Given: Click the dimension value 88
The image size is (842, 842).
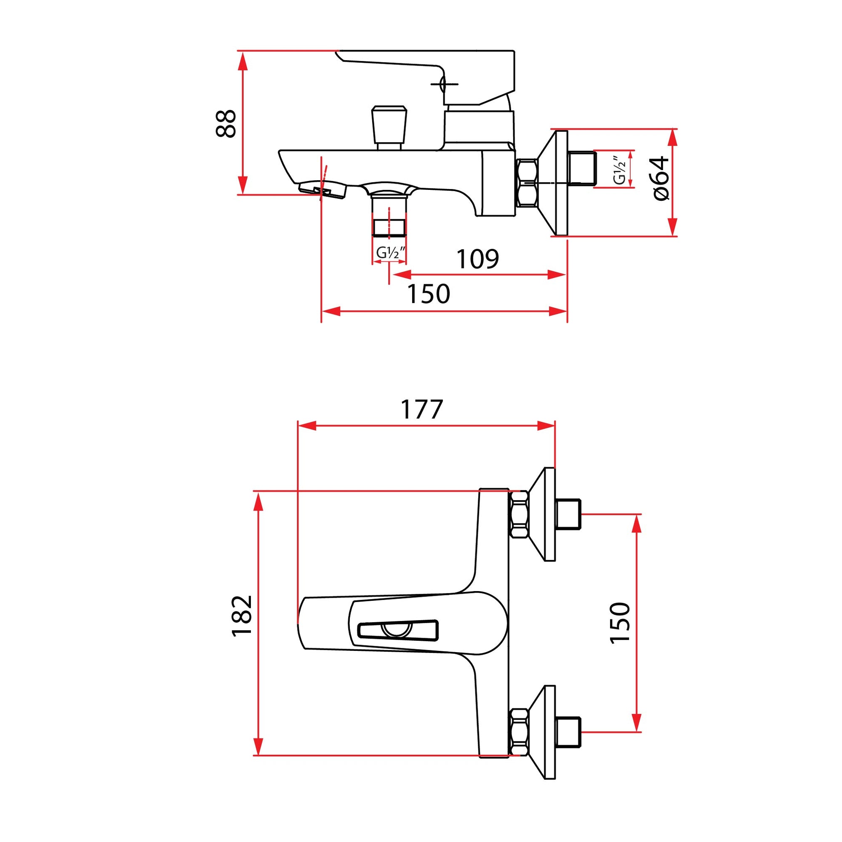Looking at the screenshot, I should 226,123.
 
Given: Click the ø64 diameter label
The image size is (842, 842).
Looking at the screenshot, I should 661,178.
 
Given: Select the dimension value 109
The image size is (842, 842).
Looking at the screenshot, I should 477,259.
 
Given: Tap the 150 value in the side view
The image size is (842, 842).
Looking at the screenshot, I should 428,294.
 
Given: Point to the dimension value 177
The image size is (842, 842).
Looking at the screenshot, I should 421,409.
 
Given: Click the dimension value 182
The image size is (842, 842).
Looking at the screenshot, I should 242,616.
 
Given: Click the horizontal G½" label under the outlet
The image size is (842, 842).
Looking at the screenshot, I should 391,252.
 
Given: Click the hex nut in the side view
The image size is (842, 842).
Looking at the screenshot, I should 527,183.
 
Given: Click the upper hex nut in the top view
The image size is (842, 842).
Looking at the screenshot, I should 519,514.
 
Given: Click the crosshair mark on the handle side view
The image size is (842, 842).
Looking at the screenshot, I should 444,84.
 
